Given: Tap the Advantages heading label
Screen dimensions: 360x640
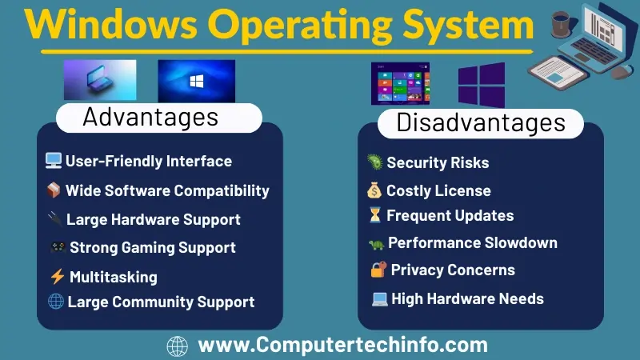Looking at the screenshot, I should [x=150, y=118].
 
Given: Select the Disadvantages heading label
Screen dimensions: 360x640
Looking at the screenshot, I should [x=481, y=122].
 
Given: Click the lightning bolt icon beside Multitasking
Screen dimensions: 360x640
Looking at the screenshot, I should [x=57, y=277].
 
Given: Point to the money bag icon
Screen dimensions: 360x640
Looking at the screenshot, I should [x=374, y=190].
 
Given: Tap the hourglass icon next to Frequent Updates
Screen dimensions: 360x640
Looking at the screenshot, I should [x=374, y=215].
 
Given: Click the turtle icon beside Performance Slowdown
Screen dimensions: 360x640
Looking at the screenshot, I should [x=374, y=243].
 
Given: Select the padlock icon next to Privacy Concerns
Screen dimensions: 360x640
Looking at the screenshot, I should [x=378, y=270].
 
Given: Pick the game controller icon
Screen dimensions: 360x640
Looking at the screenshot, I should [x=58, y=247].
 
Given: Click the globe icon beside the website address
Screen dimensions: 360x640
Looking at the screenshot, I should [x=177, y=346].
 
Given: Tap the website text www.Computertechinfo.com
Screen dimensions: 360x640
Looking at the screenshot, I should [x=342, y=346].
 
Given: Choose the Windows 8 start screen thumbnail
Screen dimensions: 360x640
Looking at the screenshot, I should [x=400, y=83].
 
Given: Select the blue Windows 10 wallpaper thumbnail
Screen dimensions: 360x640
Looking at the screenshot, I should [x=196, y=80].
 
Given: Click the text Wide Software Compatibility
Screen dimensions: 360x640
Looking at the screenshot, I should [x=167, y=190].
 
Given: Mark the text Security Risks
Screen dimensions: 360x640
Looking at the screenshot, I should [x=438, y=162].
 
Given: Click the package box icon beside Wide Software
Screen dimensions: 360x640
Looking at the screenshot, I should [x=54, y=190].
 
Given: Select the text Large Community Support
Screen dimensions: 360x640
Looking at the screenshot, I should [x=161, y=302].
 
